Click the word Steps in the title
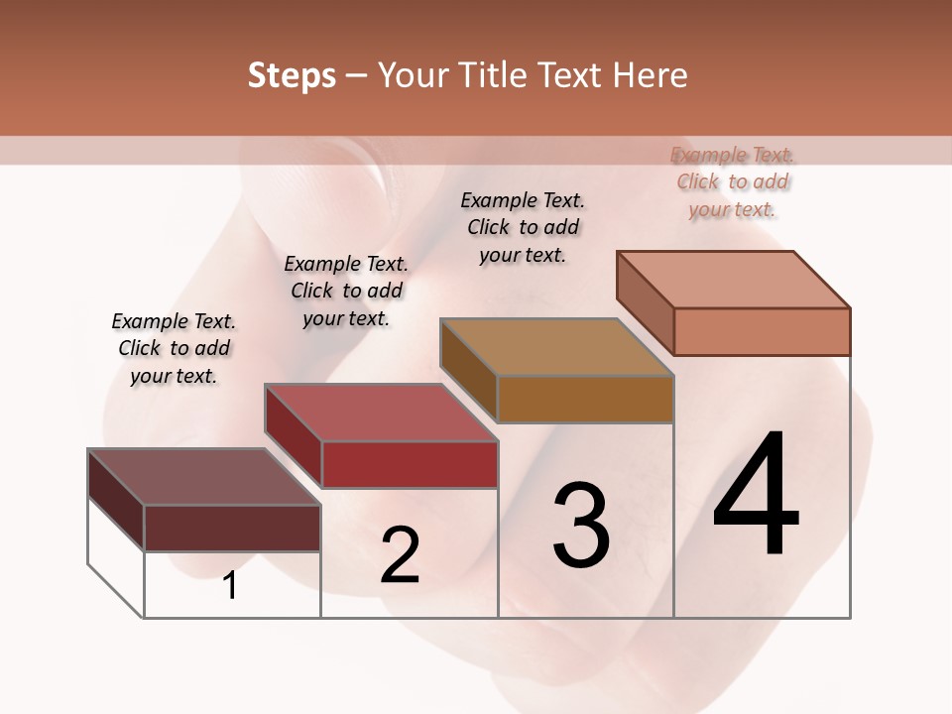coord(292,75)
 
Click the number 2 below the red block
coord(400,554)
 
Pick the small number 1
coord(230,585)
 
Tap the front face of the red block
coord(410,464)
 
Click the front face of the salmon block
coord(762,331)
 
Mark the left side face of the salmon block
coord(646,302)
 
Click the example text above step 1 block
coord(174,348)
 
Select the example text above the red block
coord(346,291)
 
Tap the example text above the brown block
coord(523,227)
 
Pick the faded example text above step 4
coord(733,181)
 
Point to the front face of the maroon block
coord(232,528)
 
